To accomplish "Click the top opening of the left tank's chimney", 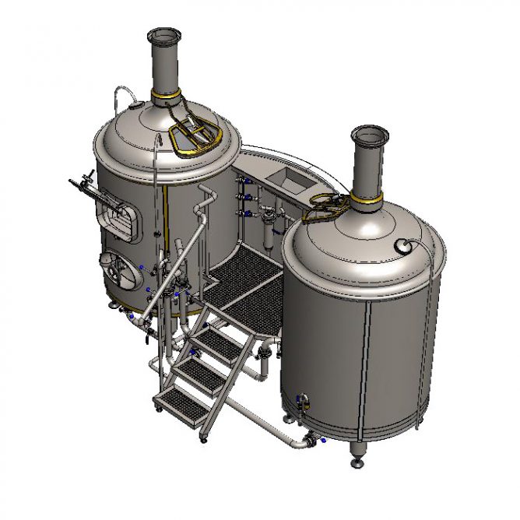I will (164, 36).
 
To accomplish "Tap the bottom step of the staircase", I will (181, 402).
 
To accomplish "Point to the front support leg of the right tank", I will (357, 455).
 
